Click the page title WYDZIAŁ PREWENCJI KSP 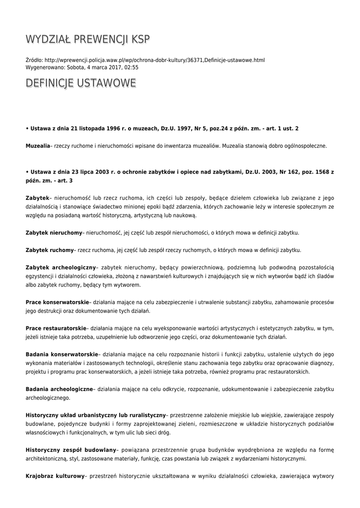click(87, 39)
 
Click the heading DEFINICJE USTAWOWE click(80, 83)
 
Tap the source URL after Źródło click(155, 60)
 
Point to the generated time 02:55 click(132, 67)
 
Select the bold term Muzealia click(38, 146)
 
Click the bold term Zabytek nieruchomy click(54, 232)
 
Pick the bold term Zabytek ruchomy click(50, 250)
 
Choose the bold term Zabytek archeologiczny click(61, 267)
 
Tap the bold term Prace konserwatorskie click(57, 302)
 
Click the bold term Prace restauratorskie click(56, 328)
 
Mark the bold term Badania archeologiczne click(60, 388)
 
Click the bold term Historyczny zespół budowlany click(71, 449)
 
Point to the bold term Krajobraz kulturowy click(55, 475)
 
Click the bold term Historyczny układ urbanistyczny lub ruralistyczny click(95, 415)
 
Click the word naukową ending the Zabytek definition click(185, 215)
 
